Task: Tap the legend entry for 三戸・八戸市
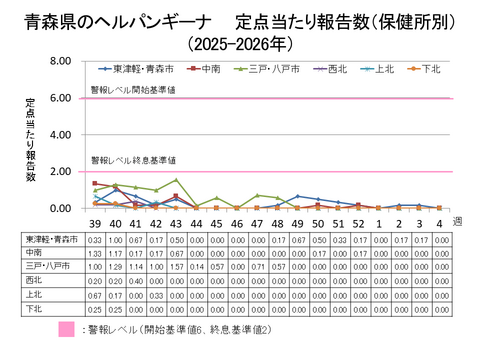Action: coord(264,69)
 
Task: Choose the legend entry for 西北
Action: coord(334,69)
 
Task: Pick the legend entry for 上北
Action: coord(383,69)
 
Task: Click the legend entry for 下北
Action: coord(431,69)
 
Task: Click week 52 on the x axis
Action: coord(357,223)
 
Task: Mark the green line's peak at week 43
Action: coord(176,180)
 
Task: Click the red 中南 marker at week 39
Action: coord(95,184)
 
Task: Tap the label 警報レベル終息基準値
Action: coord(133,161)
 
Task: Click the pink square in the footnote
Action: coord(69,331)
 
